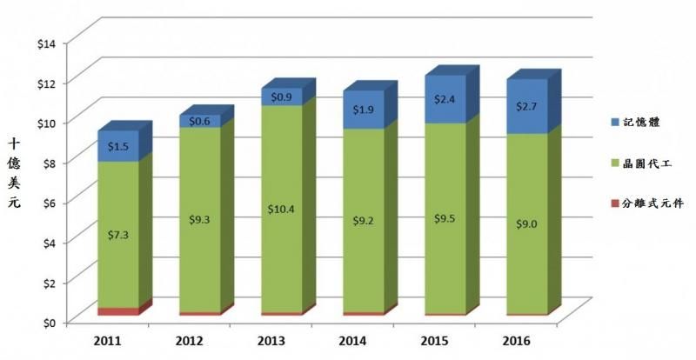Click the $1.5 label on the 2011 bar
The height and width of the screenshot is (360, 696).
click(118, 149)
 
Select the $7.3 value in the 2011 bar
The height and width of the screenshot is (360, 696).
click(118, 236)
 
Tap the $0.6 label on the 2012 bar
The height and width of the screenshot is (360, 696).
click(200, 121)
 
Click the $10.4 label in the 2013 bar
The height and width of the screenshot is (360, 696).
click(282, 209)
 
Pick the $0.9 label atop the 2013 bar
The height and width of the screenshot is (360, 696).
click(282, 97)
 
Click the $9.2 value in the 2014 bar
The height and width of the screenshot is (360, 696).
click(364, 221)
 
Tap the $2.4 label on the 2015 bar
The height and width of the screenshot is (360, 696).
click(445, 99)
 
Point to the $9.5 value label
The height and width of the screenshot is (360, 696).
click(445, 217)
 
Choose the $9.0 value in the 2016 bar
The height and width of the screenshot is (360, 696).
click(527, 223)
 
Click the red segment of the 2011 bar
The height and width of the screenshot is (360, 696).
click(118, 311)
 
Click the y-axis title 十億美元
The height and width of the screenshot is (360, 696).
click(15, 171)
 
